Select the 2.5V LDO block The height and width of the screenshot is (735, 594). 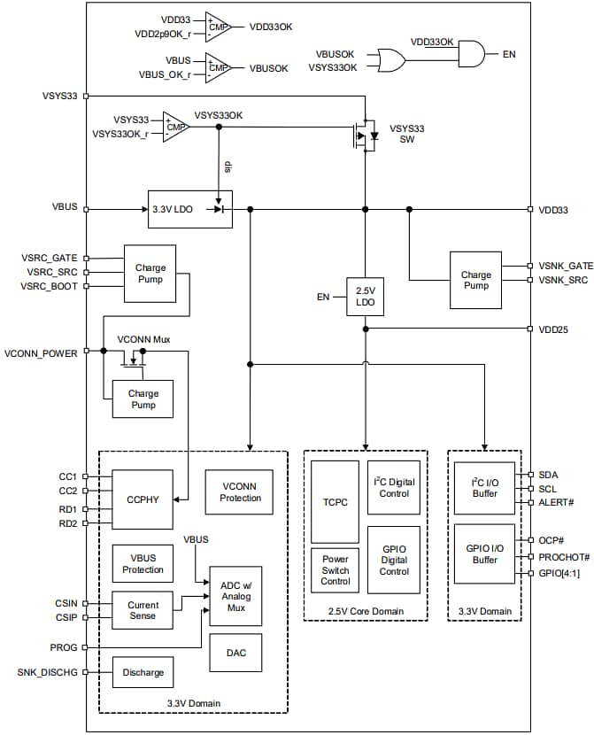click(364, 296)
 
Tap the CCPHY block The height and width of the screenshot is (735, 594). click(142, 499)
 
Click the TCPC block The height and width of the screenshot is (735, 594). click(335, 500)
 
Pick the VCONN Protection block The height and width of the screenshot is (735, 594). click(240, 491)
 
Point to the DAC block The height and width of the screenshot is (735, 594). click(235, 652)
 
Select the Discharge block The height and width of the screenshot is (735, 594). click(143, 672)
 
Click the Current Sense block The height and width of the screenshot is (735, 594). click(142, 609)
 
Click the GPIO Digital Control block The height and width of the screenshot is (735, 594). click(393, 559)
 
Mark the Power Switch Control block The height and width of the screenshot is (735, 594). click(335, 570)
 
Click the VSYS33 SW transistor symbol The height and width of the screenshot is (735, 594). click(364, 135)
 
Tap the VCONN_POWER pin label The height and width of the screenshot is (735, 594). click(42, 352)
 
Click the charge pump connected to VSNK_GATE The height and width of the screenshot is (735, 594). click(475, 280)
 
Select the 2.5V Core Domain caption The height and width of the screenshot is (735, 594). click(365, 611)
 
